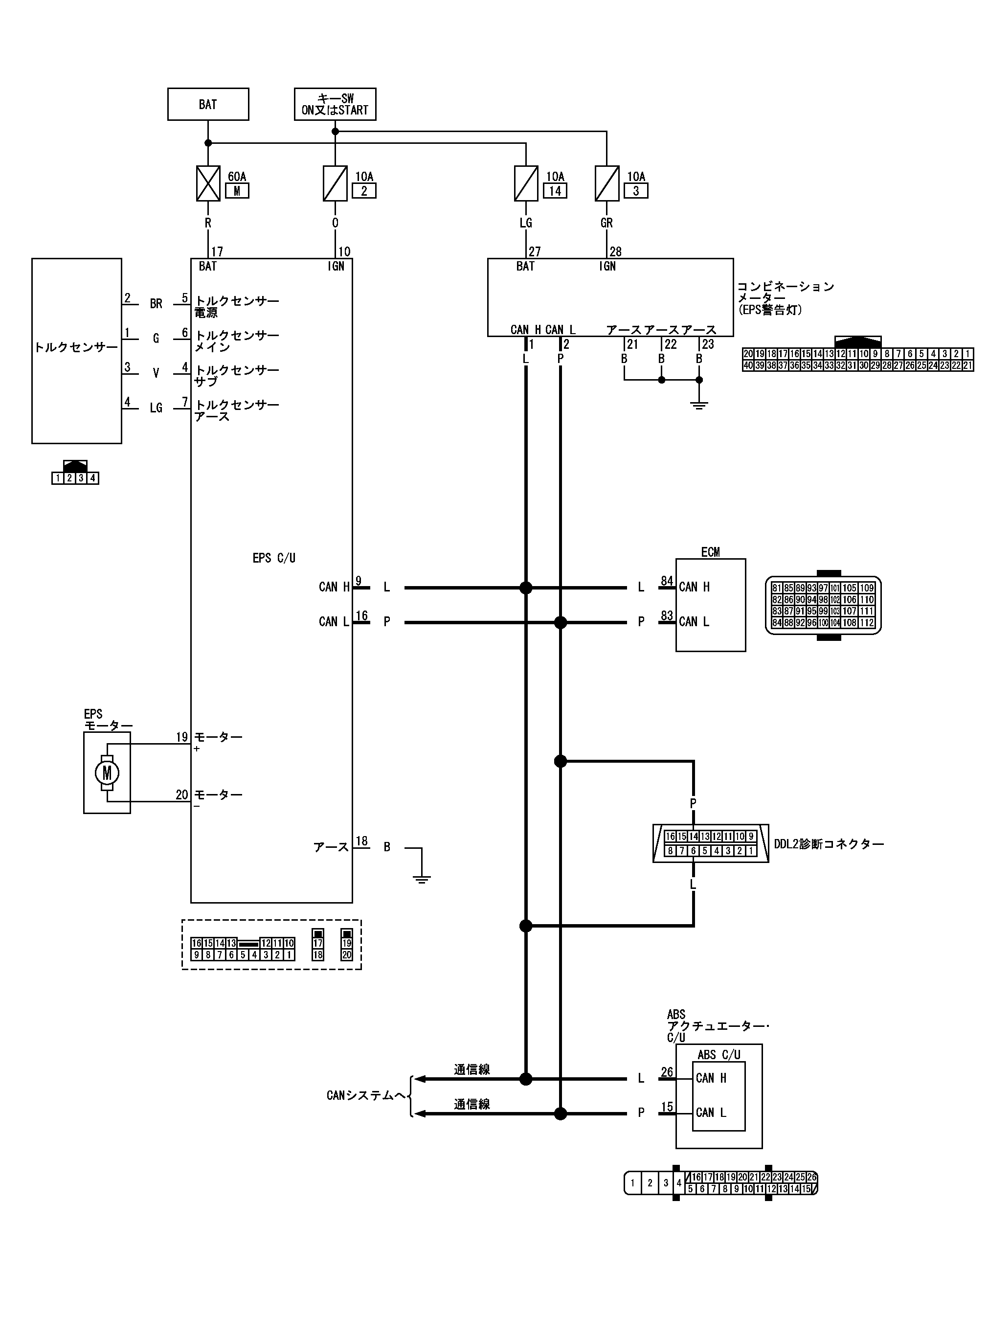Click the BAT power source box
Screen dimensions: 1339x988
point(208,105)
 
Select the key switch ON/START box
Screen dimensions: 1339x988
point(335,105)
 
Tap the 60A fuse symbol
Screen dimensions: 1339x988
point(208,183)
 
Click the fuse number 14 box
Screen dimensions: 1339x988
point(555,191)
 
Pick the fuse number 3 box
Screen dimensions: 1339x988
point(636,191)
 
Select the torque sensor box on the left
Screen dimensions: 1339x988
point(77,351)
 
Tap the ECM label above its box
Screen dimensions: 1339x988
point(711,552)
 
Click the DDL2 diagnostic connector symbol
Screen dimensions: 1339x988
point(711,844)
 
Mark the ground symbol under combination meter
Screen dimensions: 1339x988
point(699,405)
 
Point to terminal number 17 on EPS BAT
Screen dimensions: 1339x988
point(217,252)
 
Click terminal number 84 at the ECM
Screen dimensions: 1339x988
point(667,581)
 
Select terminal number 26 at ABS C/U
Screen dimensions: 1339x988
point(667,1072)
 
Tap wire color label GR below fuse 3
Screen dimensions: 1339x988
point(606,223)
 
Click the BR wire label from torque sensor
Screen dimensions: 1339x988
point(156,304)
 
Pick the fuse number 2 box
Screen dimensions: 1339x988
point(364,191)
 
